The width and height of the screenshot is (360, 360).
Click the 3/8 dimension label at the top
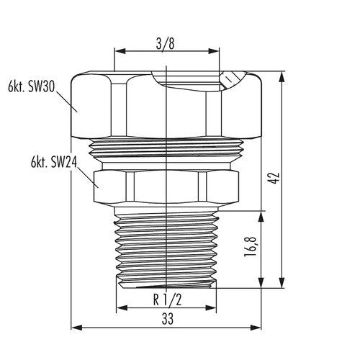click(165, 44)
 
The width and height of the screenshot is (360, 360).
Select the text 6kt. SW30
click(32, 86)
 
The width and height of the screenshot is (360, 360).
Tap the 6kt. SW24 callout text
click(54, 162)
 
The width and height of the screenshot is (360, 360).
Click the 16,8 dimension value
click(249, 247)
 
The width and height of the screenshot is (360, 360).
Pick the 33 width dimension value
click(167, 319)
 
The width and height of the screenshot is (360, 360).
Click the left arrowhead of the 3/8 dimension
click(120, 51)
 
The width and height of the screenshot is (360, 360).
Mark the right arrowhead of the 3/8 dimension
click(214, 51)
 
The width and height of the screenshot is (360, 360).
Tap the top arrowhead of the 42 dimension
click(282, 77)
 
